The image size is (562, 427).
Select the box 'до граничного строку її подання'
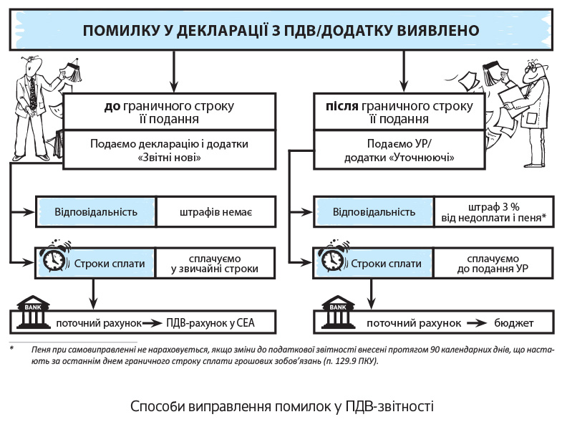(x=169, y=112)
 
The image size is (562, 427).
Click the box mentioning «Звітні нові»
(x=169, y=150)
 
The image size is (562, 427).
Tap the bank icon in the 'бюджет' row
(x=336, y=318)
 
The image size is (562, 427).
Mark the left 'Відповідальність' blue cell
(x=96, y=212)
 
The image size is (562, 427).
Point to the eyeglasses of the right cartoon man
(x=532, y=70)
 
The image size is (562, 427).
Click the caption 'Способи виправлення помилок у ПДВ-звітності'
(x=282, y=406)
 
